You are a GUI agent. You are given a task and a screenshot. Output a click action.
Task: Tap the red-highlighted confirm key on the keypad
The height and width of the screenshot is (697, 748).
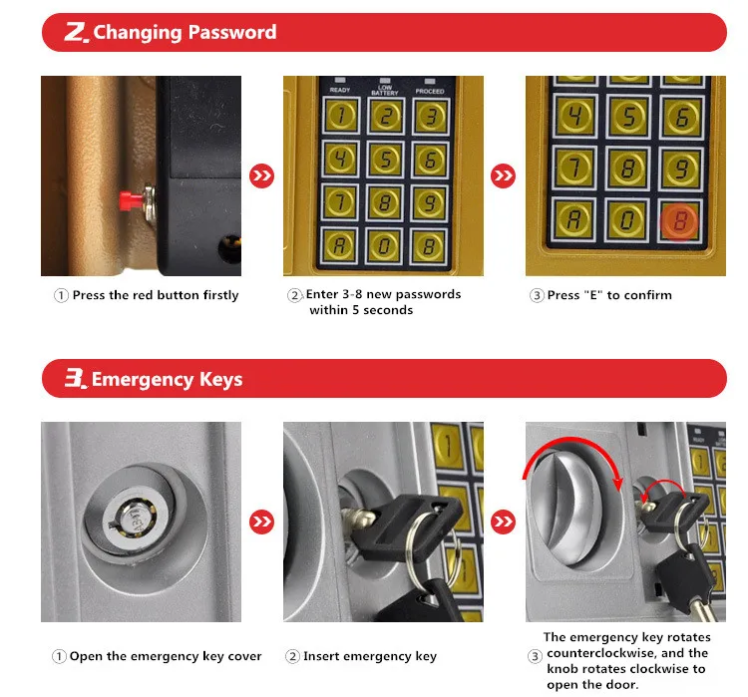(x=680, y=221)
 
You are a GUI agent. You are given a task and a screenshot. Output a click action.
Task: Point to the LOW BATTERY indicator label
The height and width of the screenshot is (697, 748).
(x=384, y=89)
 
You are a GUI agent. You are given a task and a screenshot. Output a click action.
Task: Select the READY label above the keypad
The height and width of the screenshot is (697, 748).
(x=339, y=90)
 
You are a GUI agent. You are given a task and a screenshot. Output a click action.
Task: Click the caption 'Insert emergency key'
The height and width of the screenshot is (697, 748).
(x=369, y=656)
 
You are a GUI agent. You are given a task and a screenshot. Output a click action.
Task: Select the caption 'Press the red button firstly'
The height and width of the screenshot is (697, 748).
(x=155, y=295)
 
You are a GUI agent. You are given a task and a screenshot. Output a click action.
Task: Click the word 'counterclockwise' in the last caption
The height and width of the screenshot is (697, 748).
(x=602, y=653)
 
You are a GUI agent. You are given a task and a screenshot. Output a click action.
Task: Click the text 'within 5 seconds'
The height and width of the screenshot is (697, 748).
(x=360, y=310)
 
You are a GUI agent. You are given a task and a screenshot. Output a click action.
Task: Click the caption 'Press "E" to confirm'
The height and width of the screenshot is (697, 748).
(x=609, y=295)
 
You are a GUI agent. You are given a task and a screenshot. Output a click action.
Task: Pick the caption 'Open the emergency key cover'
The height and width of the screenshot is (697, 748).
(x=165, y=656)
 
